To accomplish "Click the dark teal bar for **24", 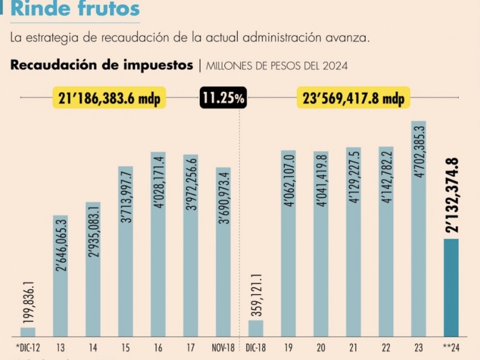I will pyautogui.click(x=451, y=287).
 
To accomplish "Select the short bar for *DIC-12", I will pyautogui.click(x=28, y=332).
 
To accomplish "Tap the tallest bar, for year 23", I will pyautogui.click(x=418, y=229).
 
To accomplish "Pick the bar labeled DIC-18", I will pyautogui.click(x=256, y=328).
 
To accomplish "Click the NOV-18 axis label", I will pyautogui.click(x=223, y=347).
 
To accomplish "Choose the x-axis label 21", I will pyautogui.click(x=353, y=347).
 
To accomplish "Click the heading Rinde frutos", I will pyautogui.click(x=76, y=9).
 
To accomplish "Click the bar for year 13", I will pyautogui.click(x=61, y=275).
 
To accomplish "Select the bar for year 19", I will pyautogui.click(x=289, y=243).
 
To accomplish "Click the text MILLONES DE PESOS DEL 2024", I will pyautogui.click(x=277, y=66).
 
